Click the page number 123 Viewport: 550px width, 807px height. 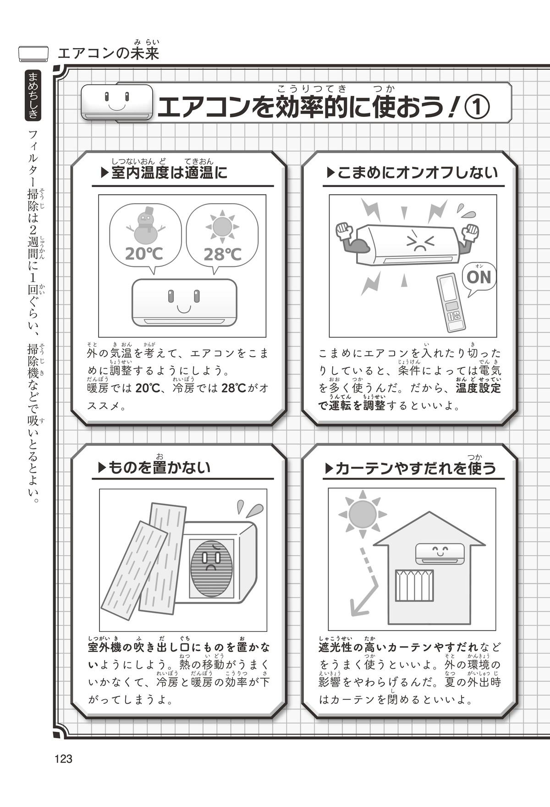click(x=63, y=759)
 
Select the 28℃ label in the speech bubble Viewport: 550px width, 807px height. click(x=222, y=254)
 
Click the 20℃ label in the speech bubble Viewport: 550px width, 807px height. click(x=144, y=253)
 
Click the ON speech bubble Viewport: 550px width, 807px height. click(x=479, y=277)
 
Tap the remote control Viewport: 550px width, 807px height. click(x=451, y=302)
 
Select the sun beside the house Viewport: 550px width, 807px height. click(x=363, y=514)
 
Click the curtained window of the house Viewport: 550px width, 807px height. click(x=414, y=586)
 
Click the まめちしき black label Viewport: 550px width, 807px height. click(x=33, y=96)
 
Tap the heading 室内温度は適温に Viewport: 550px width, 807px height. click(x=169, y=173)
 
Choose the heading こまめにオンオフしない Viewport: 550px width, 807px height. click(x=417, y=173)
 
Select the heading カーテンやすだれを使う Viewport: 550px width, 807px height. click(x=415, y=469)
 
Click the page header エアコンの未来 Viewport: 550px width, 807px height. click(x=108, y=53)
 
